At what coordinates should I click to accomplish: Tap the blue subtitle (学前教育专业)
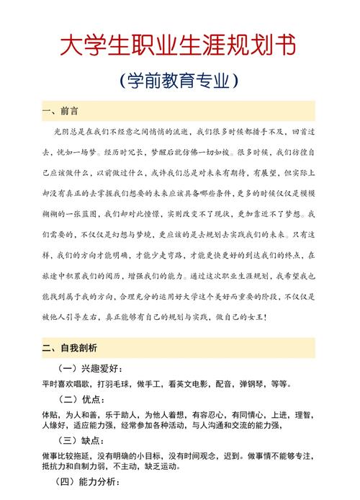[x=180, y=79]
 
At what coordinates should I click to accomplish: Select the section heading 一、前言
[x=60, y=112]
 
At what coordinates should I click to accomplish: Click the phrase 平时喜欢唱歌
[x=65, y=384]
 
